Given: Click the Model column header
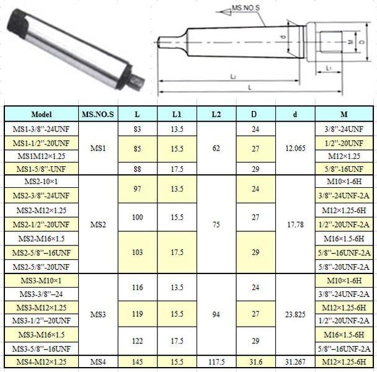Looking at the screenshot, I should (41, 114).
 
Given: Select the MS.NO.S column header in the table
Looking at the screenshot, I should (98, 114).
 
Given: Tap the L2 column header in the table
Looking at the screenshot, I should (216, 114).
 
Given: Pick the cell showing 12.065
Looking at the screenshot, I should (295, 149).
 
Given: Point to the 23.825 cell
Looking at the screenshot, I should (295, 314).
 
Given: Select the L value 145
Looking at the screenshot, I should (137, 361).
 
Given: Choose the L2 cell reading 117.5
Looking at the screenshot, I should (216, 361).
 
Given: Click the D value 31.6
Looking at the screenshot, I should (255, 361).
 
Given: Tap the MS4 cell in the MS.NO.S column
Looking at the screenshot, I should (98, 361).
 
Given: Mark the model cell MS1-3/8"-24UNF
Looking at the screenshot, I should (41, 129).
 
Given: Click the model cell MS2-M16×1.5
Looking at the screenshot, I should (41, 238).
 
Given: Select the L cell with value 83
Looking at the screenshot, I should (137, 129).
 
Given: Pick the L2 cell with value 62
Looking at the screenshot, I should (216, 149).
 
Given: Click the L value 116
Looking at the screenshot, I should (137, 288).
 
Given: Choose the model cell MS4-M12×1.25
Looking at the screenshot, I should (41, 361).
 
